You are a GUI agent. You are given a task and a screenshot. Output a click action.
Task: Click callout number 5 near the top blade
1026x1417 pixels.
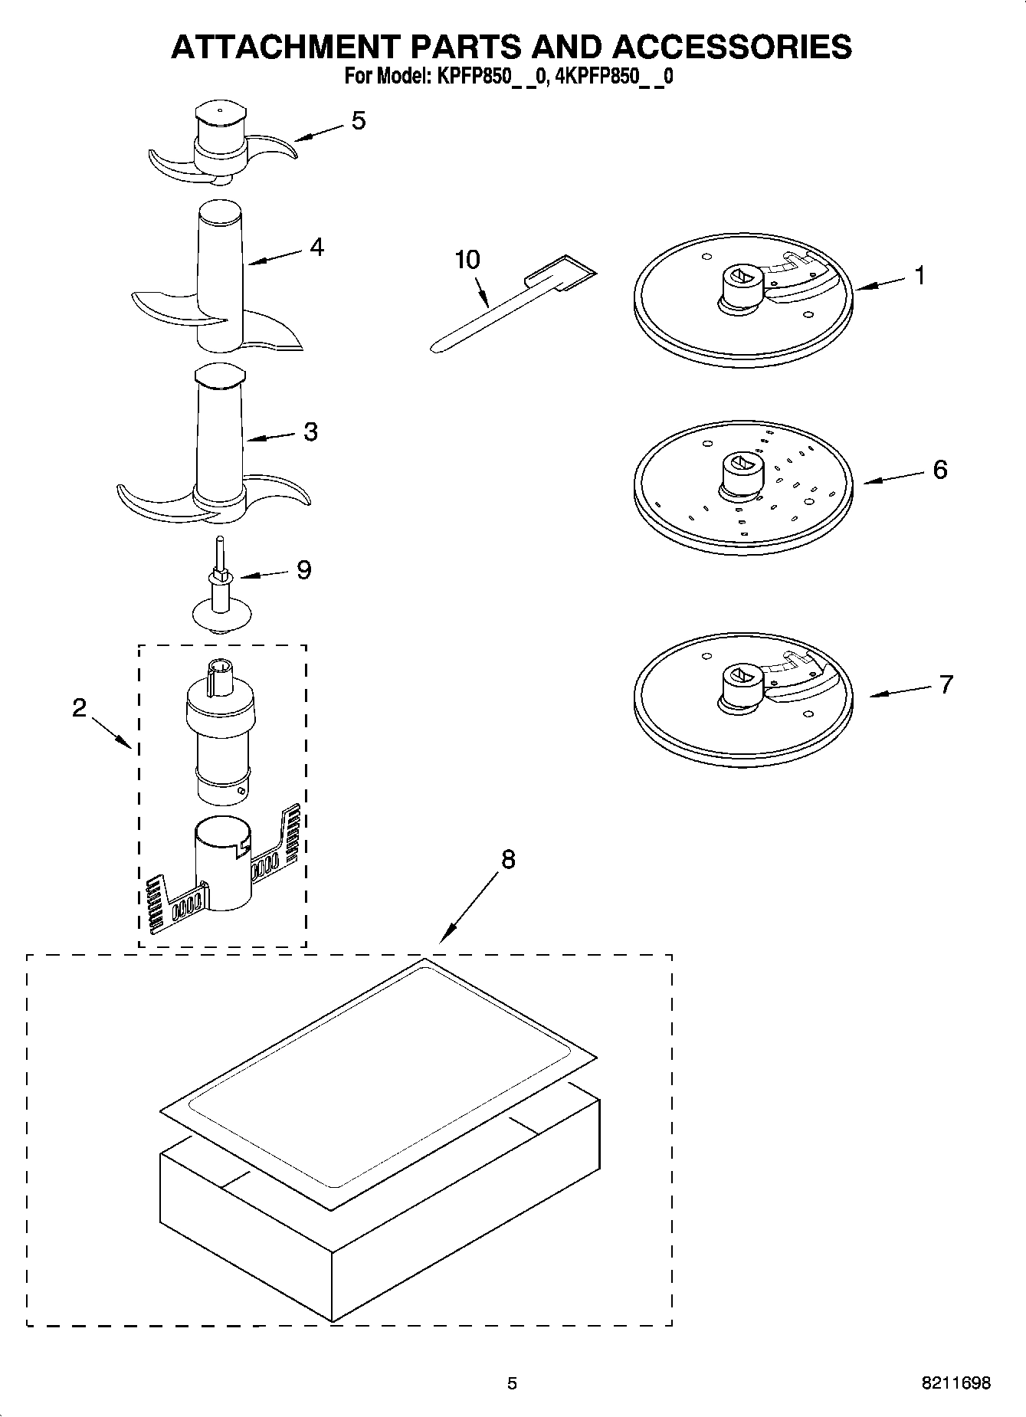(358, 121)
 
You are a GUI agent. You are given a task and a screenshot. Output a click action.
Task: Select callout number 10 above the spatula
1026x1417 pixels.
(467, 260)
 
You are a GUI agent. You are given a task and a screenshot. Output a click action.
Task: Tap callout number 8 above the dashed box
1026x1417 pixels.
(508, 860)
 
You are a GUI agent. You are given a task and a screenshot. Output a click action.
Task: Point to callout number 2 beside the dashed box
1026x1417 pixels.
(80, 707)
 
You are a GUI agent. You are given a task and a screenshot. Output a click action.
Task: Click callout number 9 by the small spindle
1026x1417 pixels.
(303, 569)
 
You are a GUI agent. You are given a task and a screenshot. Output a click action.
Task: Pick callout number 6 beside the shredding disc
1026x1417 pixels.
(939, 469)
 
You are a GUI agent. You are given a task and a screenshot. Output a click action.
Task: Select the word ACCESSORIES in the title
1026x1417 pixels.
(731, 47)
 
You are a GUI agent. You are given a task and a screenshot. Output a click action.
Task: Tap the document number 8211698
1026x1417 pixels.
(956, 1383)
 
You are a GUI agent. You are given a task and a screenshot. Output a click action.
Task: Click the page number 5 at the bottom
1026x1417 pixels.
(512, 1383)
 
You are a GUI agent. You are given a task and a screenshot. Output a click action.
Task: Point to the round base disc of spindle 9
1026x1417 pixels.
(221, 615)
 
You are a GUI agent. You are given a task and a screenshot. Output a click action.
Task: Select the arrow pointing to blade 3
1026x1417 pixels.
(270, 438)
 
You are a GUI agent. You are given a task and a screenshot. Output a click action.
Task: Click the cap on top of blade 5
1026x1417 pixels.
(220, 115)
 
